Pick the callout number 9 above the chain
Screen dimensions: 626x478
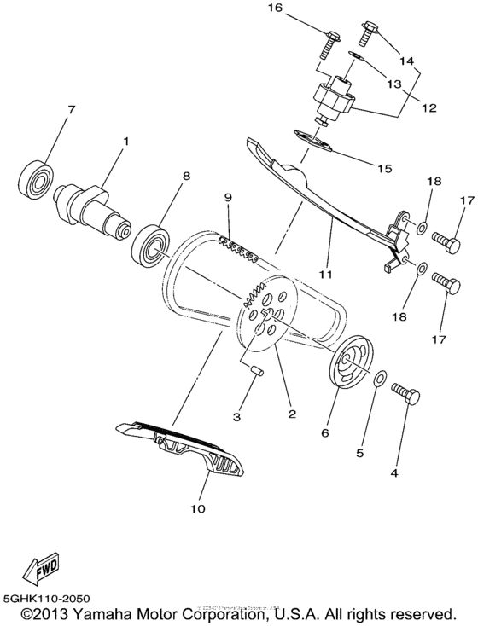[228, 198]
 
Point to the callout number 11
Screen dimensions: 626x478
[325, 275]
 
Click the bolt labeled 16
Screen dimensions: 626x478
[330, 38]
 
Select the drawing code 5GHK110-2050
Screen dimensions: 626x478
[48, 599]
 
